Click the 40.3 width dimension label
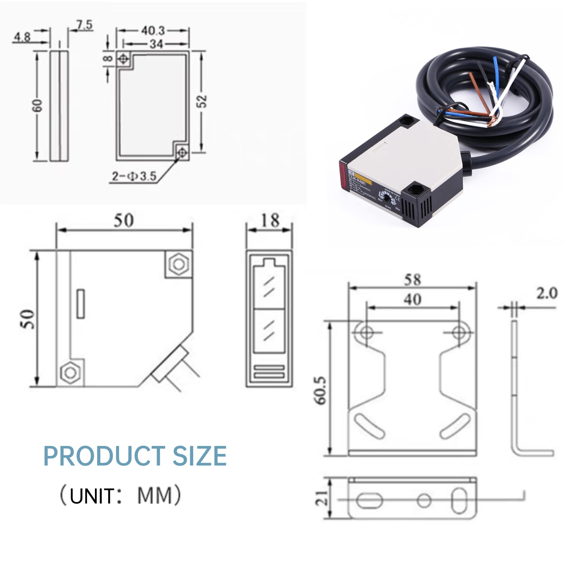click(153, 31)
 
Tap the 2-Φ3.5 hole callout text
click(134, 177)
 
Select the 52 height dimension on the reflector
click(202, 101)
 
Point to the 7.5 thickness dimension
click(84, 25)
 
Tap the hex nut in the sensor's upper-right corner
click(179, 264)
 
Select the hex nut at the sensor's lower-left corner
click(70, 372)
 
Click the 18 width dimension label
click(270, 220)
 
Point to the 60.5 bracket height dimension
click(320, 390)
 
